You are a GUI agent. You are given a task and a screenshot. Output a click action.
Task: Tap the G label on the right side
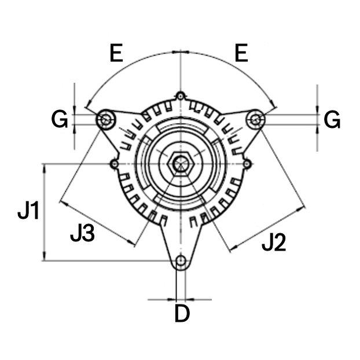pyautogui.click(x=332, y=120)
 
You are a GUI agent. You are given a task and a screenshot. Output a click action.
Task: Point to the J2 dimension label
pyautogui.click(x=274, y=244)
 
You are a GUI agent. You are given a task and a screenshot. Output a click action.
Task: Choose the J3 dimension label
pyautogui.click(x=82, y=233)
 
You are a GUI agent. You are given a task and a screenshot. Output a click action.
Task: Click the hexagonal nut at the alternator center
pyautogui.click(x=181, y=164)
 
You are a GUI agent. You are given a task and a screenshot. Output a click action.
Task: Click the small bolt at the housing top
pyautogui.click(x=181, y=95)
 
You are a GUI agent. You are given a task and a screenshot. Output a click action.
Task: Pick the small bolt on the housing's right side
pyautogui.click(x=247, y=164)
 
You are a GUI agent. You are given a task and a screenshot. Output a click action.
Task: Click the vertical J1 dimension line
pyautogui.click(x=44, y=212)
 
